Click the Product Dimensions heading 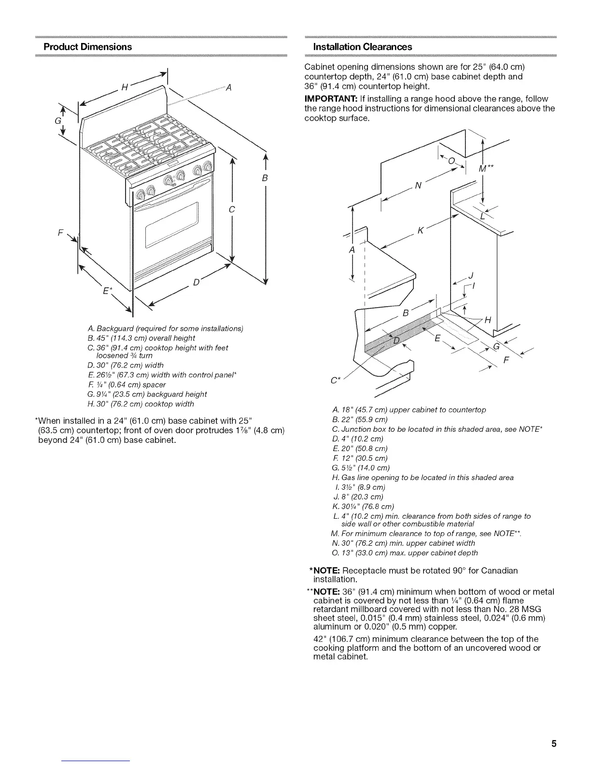87,47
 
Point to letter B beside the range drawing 265,178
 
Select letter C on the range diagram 232,209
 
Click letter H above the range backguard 124,87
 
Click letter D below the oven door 196,282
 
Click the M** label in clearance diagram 484,169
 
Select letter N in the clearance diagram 418,186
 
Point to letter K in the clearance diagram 421,231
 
